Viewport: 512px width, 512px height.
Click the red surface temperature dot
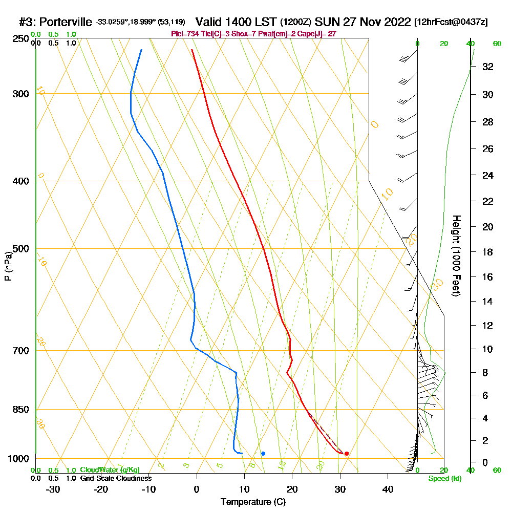tap(347, 453)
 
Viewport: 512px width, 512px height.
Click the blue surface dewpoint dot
tap(263, 453)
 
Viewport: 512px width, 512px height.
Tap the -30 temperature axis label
tap(53, 489)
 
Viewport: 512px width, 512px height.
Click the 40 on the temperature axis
tap(388, 489)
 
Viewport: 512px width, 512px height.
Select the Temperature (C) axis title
tap(253, 502)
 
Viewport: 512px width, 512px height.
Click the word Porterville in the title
tap(66, 23)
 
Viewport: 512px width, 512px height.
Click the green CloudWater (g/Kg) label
tap(110, 470)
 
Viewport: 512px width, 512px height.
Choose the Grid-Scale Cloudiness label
tap(116, 478)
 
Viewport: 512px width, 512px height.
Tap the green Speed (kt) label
tap(443, 479)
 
